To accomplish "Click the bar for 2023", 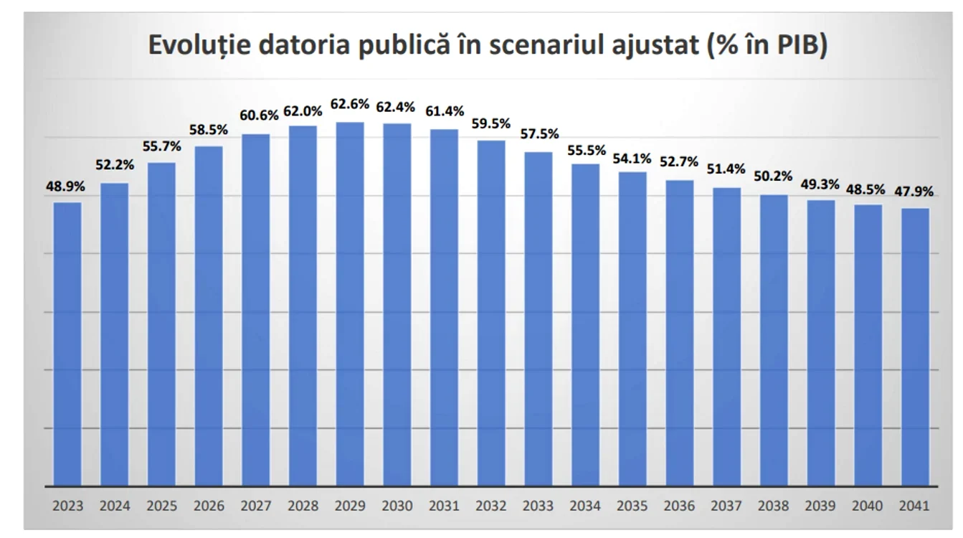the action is click(67, 344).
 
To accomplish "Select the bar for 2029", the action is click(350, 304).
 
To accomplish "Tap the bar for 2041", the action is click(915, 347).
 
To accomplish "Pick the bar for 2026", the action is click(209, 316).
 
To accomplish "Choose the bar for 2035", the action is click(633, 329).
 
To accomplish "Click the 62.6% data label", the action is click(350, 104).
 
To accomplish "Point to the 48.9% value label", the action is click(65, 187).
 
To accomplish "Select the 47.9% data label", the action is click(914, 192).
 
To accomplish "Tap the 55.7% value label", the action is click(161, 146).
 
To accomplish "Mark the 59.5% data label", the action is click(491, 124).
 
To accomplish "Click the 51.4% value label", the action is click(726, 169).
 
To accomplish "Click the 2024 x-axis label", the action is click(115, 506).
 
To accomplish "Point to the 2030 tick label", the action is click(397, 506).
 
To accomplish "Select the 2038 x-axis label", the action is click(774, 506).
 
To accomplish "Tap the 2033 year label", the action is click(539, 506).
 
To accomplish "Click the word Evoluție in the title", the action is click(199, 45).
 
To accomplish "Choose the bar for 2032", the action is click(491, 313).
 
